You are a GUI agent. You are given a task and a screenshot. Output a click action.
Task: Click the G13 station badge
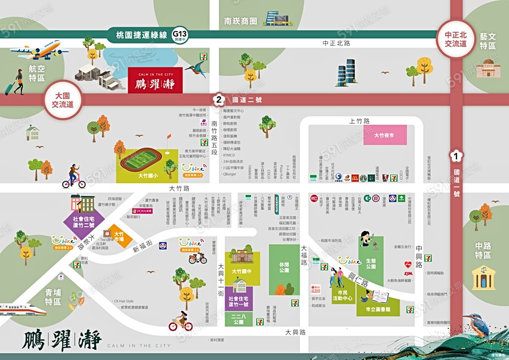tap(180, 34)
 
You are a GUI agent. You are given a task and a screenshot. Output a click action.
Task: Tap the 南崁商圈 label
tap(240, 21)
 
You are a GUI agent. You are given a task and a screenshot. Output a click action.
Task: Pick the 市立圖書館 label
tap(374, 309)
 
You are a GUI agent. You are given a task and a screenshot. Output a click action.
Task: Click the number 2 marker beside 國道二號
tap(218, 100)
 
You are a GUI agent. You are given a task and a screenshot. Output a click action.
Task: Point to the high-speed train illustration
tap(23, 309)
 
